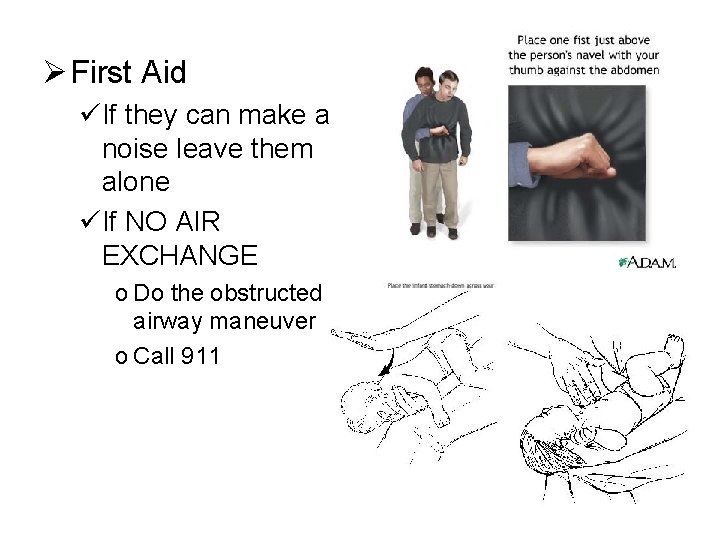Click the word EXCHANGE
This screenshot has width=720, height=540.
click(179, 255)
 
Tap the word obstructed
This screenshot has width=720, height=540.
click(264, 294)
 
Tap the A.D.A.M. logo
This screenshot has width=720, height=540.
click(647, 263)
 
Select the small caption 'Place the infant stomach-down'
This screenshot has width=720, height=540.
click(440, 286)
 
